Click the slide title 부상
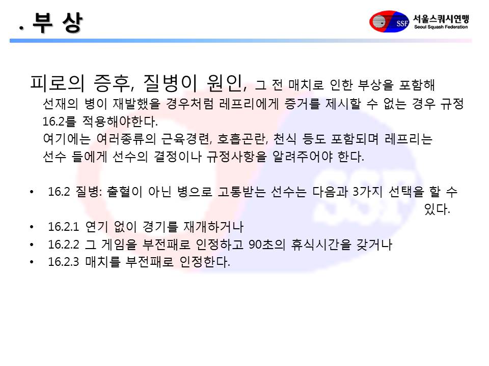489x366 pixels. coord(58,22)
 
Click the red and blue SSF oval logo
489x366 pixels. coord(389,21)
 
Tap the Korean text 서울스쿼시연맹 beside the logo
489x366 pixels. coord(441,18)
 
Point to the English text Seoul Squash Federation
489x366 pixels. coord(441,27)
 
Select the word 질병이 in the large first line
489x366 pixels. coord(170,83)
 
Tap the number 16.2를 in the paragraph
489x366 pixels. coord(59,121)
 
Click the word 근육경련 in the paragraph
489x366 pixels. coord(186,139)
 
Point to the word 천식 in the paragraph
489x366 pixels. coord(285,139)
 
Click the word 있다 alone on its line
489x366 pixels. coord(437,209)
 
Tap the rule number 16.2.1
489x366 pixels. coord(64,227)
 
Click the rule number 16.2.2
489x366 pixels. coord(64,245)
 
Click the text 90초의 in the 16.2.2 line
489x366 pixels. coord(267,245)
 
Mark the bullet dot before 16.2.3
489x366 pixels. coord(32,262)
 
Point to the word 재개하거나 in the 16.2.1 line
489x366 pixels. coord(213,227)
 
